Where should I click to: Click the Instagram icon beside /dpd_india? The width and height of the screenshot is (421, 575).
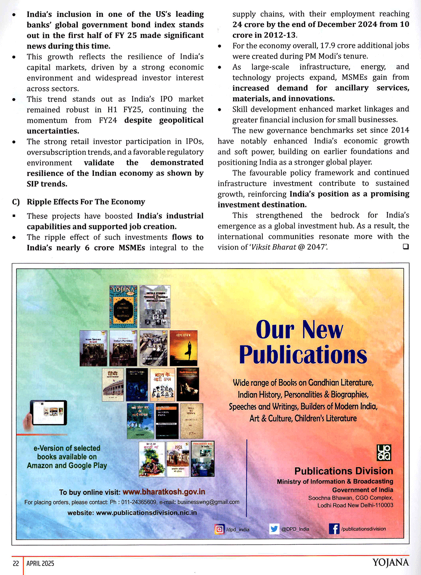coord(219,529)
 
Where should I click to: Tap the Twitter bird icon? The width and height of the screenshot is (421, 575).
coord(274,529)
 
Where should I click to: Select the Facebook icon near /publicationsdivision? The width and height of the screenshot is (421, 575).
coord(334,529)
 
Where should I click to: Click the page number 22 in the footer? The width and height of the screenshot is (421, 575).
coord(16,563)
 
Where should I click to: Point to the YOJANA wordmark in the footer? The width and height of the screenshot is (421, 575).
coord(390,563)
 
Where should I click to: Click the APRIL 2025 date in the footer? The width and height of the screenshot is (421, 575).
coord(40,563)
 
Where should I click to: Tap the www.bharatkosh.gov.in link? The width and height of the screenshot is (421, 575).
coord(164,492)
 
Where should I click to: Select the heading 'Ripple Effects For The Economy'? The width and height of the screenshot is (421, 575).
coord(86,202)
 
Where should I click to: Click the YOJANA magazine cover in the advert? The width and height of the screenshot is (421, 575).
coord(123,306)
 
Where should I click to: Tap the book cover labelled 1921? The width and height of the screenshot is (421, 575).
coord(178,459)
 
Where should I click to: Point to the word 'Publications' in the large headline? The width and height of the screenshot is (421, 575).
coord(303,355)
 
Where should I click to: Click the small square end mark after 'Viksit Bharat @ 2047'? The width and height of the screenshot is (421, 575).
coord(405,247)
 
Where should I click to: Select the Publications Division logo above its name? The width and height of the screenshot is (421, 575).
coord(384,453)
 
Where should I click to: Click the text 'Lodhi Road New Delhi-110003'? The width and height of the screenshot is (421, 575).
coord(355,505)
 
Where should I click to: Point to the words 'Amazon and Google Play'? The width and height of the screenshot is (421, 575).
coord(67,465)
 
